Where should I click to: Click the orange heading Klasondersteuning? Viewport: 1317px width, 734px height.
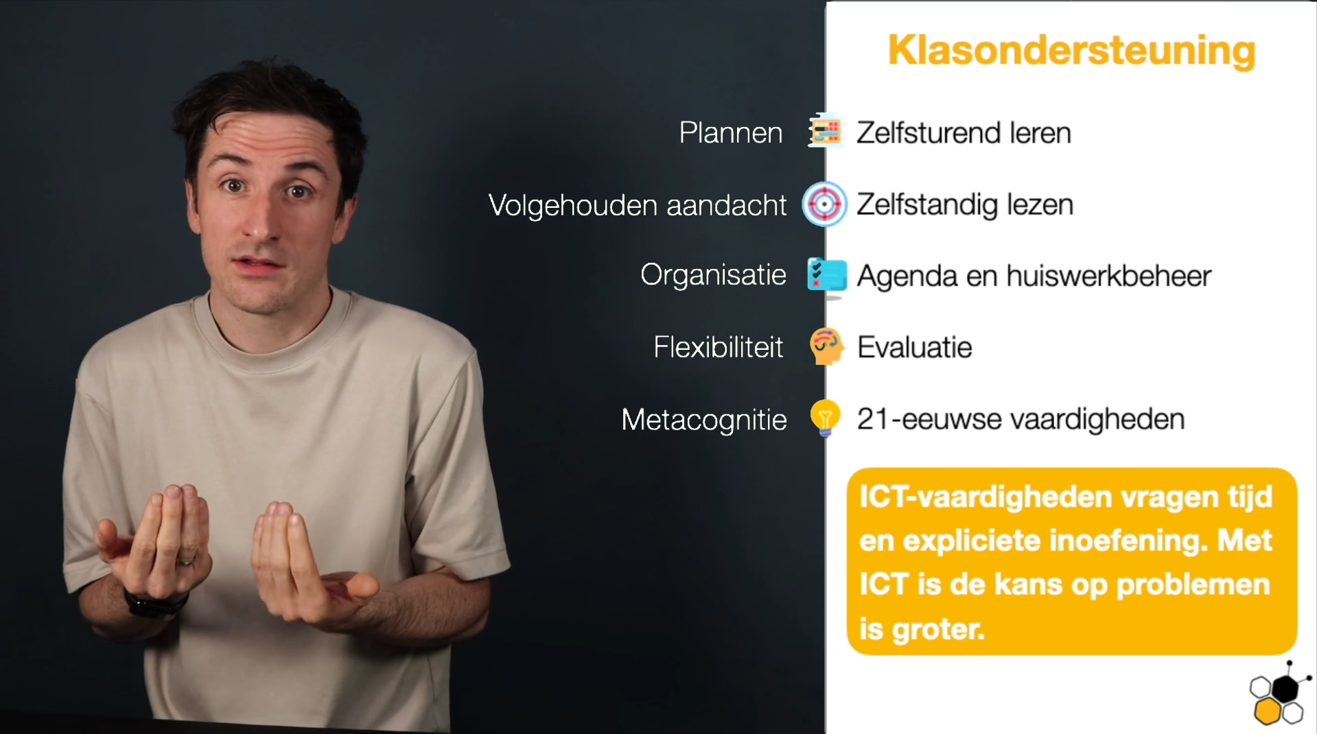pos(1071,51)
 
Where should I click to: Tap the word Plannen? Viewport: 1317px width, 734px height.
pos(731,132)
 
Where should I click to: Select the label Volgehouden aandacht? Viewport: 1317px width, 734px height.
pos(638,205)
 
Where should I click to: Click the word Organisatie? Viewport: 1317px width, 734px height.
pos(713,275)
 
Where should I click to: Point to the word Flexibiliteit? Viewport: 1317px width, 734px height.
pos(719,347)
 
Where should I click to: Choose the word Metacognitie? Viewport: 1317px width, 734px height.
pos(704,420)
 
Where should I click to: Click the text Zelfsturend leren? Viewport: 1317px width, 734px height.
pos(964,132)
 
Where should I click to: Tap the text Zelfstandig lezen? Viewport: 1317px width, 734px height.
pos(965,204)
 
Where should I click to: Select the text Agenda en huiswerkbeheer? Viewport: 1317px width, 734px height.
pos(1034,276)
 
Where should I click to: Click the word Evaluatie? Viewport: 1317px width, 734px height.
pos(915,347)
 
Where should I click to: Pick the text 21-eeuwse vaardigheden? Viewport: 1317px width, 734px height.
pos(1021,418)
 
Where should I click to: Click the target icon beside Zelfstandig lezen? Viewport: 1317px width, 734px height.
pos(825,204)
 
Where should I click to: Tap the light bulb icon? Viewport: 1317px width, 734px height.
pos(825,418)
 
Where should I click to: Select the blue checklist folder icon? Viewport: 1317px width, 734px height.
pos(827,275)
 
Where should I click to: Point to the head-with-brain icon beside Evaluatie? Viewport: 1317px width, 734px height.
pos(826,346)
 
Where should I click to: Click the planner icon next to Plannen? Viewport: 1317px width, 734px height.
pos(826,130)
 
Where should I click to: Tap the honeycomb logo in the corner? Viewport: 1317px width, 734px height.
pos(1279,694)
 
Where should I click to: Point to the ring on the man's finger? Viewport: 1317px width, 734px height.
pos(186,562)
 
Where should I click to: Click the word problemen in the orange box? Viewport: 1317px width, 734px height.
pos(1193,585)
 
